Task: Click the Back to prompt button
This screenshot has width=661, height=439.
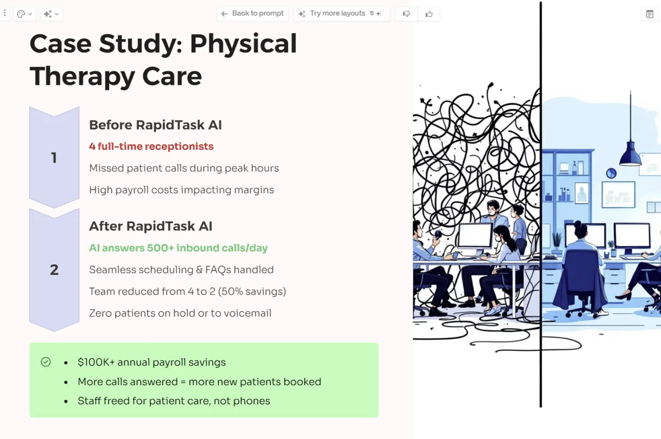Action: [253, 14]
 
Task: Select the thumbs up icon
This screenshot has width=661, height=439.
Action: [429, 14]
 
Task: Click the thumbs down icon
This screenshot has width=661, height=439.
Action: [407, 14]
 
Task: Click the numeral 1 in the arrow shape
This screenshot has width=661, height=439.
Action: [54, 158]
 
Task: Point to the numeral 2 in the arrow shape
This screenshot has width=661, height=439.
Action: [54, 270]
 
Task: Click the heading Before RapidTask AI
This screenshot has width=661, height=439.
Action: [155, 125]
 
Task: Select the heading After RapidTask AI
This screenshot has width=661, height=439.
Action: [150, 226]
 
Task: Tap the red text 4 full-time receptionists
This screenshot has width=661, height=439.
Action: [151, 147]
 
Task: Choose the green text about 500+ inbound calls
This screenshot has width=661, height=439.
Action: [178, 248]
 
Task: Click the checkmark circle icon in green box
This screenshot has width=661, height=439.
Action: [46, 362]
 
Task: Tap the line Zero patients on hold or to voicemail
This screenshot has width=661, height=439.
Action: [180, 313]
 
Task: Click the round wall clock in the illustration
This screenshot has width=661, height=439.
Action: [611, 174]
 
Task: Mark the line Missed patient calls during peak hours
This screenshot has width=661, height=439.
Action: [184, 168]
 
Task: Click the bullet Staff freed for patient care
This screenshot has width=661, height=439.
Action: [174, 401]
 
